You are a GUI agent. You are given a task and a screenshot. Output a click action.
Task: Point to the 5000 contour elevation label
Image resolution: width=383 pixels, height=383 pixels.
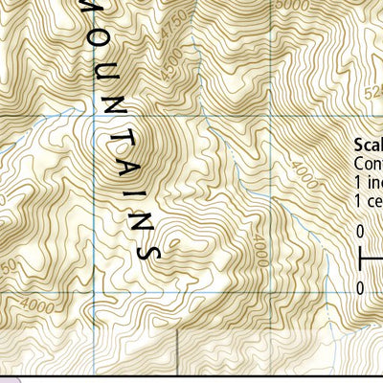coord(285,5)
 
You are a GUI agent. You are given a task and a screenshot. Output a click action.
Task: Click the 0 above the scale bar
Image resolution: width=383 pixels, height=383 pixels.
coord(360,232)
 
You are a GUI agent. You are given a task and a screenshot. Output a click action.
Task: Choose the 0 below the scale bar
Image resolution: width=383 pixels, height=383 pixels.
coord(360,287)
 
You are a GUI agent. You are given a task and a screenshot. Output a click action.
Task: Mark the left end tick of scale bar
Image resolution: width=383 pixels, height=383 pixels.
coord(360,259)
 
